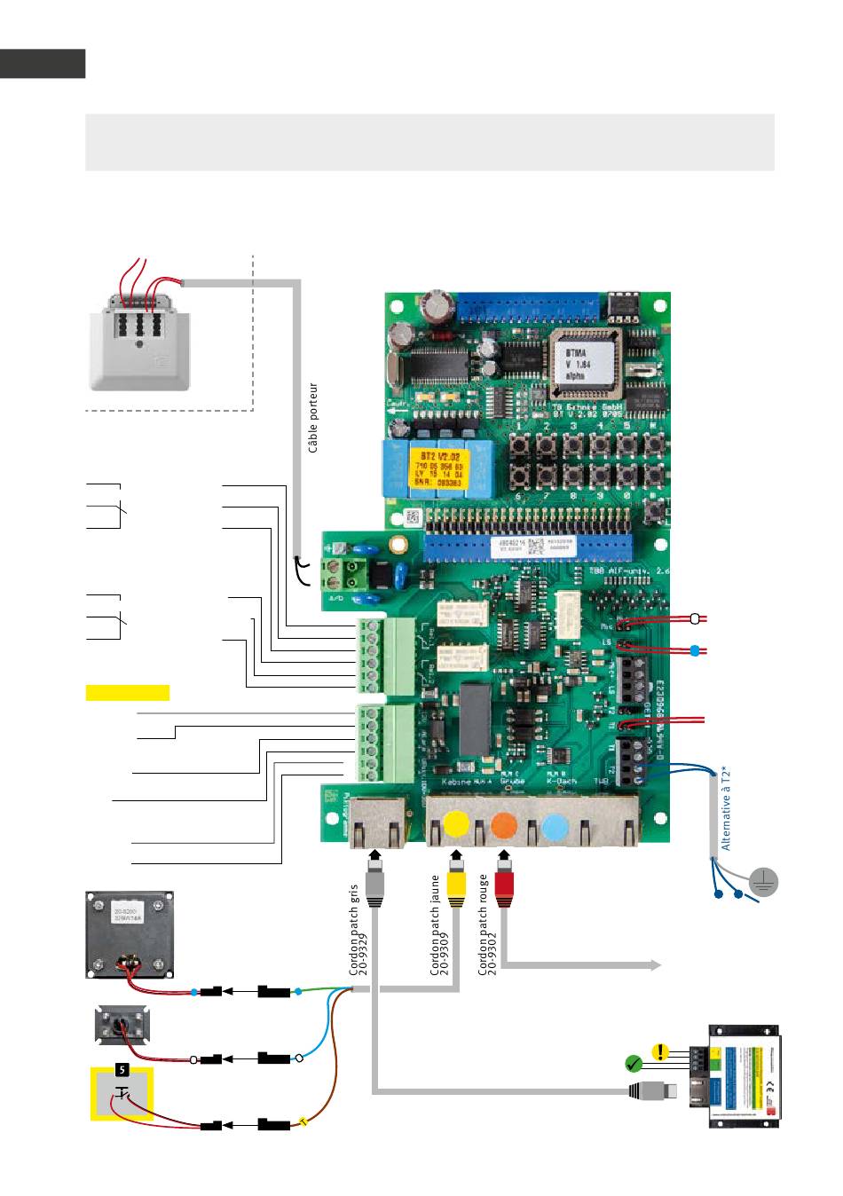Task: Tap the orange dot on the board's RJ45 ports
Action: (x=504, y=824)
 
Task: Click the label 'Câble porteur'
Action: (x=313, y=418)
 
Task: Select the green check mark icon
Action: (x=633, y=1062)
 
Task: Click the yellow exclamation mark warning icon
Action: (x=660, y=1051)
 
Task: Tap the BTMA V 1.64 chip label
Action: (x=581, y=361)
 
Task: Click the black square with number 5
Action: (x=123, y=1070)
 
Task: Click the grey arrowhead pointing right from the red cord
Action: (x=657, y=965)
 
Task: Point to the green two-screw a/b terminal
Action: (x=346, y=573)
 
